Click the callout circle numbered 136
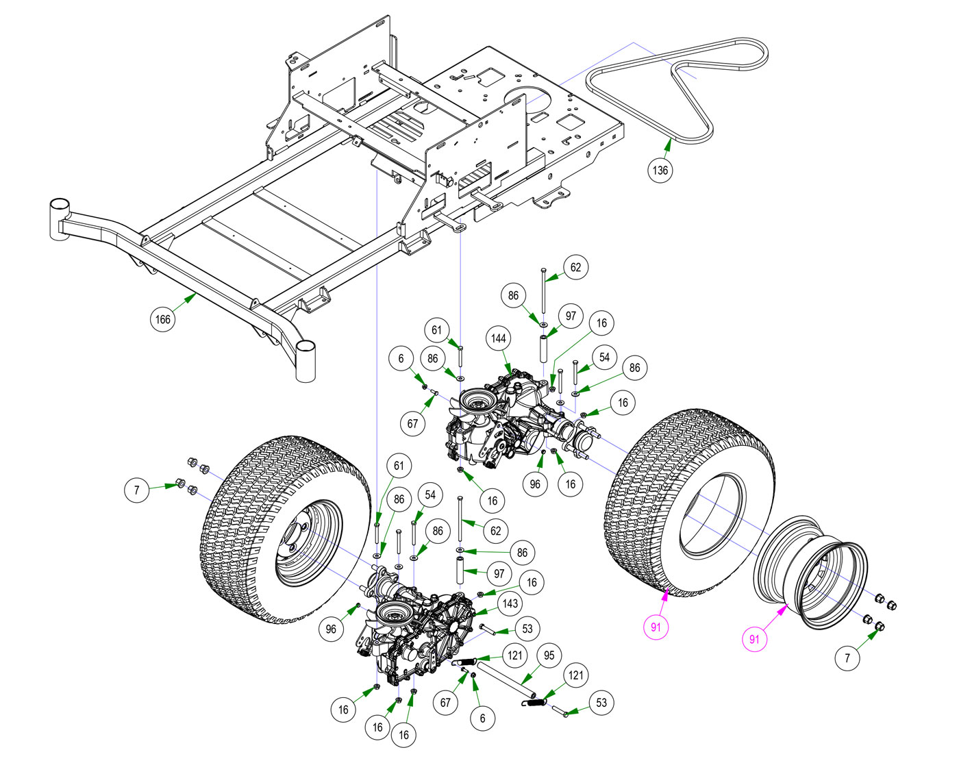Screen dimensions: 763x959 (x=660, y=170)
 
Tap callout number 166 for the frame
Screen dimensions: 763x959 (x=162, y=319)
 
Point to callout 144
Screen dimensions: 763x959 (x=499, y=338)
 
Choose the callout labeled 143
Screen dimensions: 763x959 (x=510, y=603)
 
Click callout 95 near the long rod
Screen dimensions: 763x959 (x=549, y=655)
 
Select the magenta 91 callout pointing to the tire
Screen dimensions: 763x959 (x=656, y=627)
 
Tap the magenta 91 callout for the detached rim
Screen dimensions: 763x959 (x=754, y=639)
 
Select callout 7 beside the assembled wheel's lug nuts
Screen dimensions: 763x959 (x=137, y=490)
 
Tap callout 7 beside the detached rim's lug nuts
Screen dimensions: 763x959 (x=847, y=658)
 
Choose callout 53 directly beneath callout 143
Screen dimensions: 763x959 (x=527, y=628)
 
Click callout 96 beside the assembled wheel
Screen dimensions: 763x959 (x=332, y=629)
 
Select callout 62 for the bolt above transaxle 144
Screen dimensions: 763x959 (x=575, y=267)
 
